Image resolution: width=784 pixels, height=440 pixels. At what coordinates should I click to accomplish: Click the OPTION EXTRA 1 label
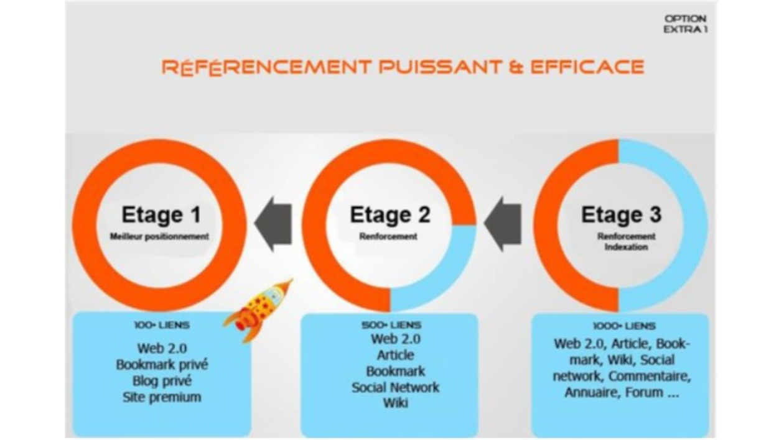(685, 24)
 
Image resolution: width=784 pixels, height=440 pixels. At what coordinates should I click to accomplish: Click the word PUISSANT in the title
(441, 67)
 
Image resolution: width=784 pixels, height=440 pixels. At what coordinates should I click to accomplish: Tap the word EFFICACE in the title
(587, 67)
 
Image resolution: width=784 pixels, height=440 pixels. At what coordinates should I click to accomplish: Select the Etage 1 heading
(161, 214)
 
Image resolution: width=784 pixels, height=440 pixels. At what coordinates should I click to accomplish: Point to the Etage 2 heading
(390, 214)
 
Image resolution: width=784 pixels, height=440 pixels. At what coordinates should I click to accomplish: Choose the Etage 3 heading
(621, 214)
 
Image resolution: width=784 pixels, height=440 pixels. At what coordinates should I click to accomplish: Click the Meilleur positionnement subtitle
(159, 237)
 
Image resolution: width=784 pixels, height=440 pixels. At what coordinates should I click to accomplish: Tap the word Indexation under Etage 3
(627, 247)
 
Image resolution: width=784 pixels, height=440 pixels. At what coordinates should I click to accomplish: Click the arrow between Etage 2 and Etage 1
(273, 224)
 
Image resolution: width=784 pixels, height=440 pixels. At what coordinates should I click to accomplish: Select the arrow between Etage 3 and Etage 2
(503, 224)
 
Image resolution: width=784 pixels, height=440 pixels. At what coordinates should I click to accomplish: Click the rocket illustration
(259, 311)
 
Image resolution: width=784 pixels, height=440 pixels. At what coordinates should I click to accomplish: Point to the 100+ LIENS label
(162, 326)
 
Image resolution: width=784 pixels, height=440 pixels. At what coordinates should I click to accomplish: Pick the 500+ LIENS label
(391, 326)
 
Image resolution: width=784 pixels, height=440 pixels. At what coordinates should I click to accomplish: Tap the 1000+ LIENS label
(624, 326)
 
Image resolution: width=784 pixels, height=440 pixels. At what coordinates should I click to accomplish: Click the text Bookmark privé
(162, 365)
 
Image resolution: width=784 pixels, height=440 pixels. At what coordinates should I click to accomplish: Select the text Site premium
(162, 397)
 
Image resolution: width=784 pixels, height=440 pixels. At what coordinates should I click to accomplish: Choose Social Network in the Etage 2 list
(396, 387)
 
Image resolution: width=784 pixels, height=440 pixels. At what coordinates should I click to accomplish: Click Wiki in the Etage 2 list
(396, 403)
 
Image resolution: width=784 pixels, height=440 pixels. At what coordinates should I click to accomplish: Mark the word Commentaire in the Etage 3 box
(650, 377)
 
